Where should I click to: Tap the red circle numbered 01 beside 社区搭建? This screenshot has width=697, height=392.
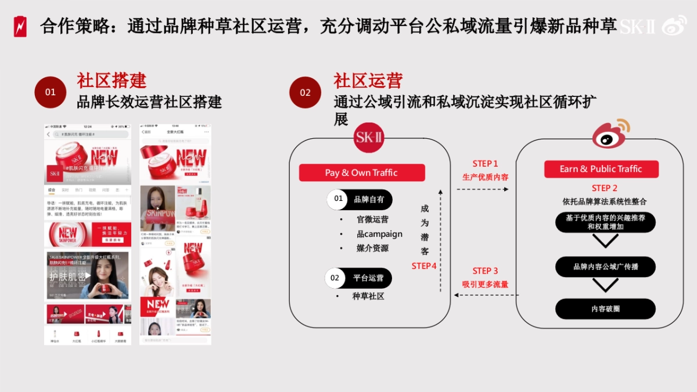51,92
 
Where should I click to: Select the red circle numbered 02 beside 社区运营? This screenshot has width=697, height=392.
305,92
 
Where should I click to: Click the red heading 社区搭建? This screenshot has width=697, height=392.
112,80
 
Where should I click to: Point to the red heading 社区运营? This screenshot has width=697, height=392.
368,80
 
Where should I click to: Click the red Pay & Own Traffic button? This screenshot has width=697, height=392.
361,172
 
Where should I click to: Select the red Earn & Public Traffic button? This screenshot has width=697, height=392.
601,169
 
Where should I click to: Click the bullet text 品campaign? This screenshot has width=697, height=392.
379,234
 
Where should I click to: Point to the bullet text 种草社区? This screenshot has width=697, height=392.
368,296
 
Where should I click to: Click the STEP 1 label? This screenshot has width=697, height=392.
485,164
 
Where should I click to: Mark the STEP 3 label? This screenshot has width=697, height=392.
485,271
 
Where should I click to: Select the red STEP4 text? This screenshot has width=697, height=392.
424,266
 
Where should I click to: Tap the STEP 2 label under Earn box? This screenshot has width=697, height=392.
604,188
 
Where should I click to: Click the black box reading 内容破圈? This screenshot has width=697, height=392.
605,308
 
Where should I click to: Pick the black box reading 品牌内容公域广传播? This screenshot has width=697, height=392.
605,267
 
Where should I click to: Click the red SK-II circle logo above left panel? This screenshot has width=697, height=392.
369,139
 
